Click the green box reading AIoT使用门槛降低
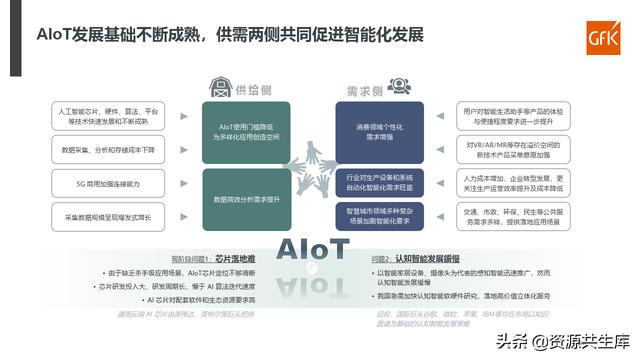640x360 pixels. click(246, 132)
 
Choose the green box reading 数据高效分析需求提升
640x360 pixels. click(246, 199)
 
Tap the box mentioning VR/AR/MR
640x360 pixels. click(514, 150)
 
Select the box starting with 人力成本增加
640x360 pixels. click(514, 183)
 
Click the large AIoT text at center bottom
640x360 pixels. click(314, 248)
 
